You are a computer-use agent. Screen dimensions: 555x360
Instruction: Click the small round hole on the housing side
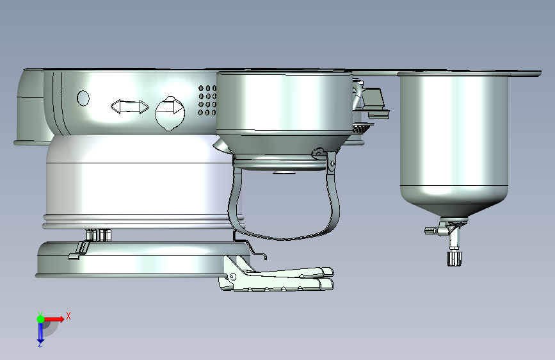click(x=83, y=98)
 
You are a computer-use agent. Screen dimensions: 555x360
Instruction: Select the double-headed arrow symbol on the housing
click(x=130, y=106)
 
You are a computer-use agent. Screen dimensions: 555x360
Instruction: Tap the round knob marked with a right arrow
click(x=170, y=113)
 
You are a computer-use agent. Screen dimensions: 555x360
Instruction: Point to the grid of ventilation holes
click(x=207, y=101)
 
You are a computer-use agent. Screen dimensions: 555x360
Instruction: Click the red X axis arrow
click(x=54, y=319)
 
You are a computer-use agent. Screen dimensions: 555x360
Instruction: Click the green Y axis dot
click(x=40, y=319)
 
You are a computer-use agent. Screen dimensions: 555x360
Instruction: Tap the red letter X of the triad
click(x=68, y=316)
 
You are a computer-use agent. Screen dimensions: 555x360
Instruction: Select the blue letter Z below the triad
click(x=40, y=344)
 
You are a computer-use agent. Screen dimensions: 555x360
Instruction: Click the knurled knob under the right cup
click(x=454, y=258)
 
